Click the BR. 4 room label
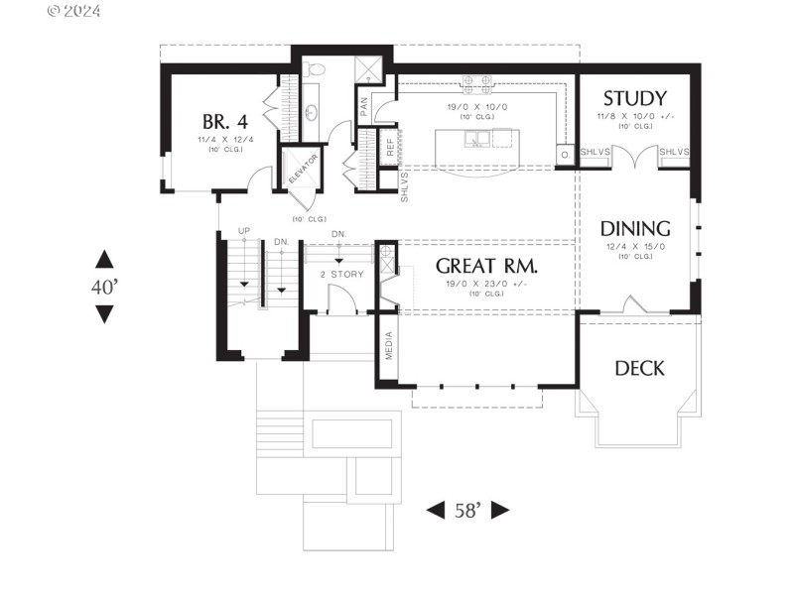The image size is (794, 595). point(224,121)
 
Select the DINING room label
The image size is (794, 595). point(635,229)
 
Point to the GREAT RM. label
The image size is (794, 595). point(486,266)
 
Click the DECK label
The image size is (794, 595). point(639,369)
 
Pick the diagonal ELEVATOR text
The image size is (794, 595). point(303,170)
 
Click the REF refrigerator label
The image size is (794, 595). point(390,147)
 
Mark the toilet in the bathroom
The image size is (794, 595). point(316,67)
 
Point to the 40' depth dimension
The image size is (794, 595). point(104,288)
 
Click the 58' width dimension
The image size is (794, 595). point(467,511)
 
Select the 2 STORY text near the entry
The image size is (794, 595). point(340,274)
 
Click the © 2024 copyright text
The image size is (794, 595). point(73,12)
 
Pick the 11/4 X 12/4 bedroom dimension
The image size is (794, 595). point(224,140)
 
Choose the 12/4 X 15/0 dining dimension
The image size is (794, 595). point(635,247)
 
